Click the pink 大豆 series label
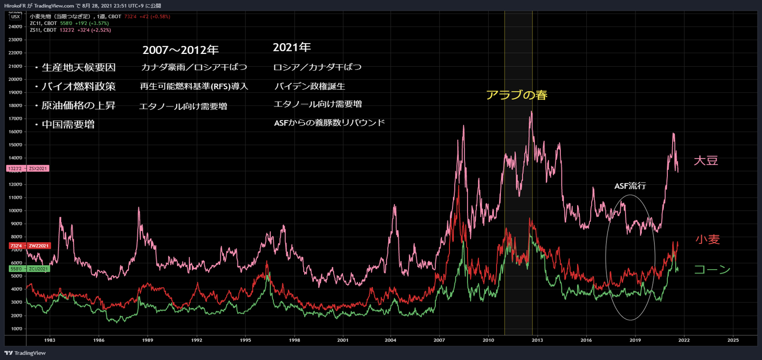[706, 160]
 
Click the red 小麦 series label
[707, 239]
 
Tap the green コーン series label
[712, 269]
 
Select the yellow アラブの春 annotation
[516, 95]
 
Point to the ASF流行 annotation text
[630, 186]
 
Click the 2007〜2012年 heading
[180, 50]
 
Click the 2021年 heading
[291, 48]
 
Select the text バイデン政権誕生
[310, 87]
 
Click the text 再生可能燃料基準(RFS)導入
[194, 87]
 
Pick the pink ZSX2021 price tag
[28, 168]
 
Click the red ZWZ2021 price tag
[28, 245]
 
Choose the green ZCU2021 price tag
[28, 269]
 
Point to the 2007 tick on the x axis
[439, 339]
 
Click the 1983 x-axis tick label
[50, 339]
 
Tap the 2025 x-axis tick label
[733, 339]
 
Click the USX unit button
[15, 17]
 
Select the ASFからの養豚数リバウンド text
[329, 123]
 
